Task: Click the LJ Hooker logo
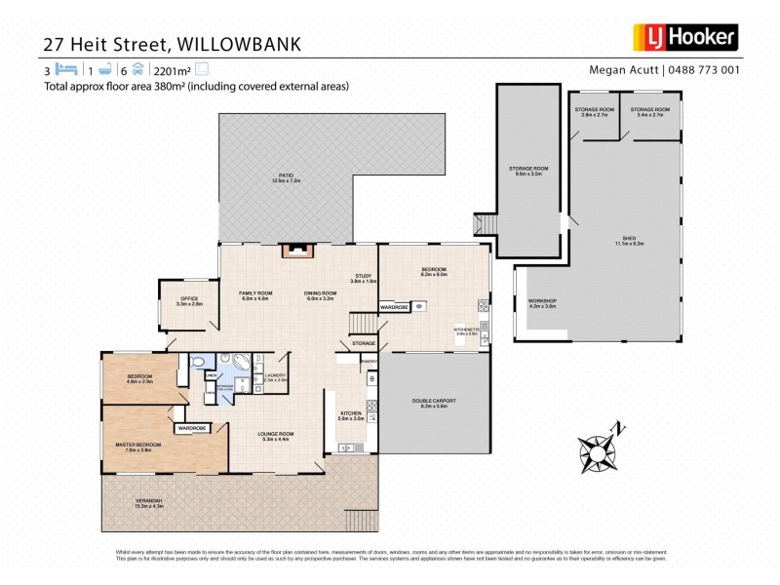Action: coord(688,37)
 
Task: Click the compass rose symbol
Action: coord(597,450)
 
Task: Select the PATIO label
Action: coord(286,176)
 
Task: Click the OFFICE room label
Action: coord(188,298)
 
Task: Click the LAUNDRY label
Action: coord(274,374)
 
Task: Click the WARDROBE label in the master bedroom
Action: coord(192,428)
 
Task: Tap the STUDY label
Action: coord(364,276)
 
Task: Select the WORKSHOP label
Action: coord(541,301)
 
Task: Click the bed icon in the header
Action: coord(65,70)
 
